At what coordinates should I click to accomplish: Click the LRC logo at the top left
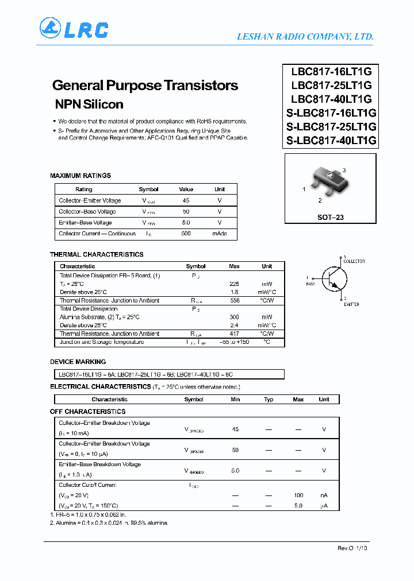pos(74,28)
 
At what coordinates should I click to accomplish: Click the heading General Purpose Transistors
pos(145,86)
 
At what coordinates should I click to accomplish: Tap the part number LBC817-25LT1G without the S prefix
pos(331,85)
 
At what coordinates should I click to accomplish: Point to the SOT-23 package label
pos(330,218)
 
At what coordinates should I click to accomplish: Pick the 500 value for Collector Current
pos(186,234)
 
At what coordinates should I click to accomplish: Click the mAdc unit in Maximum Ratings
pos(219,234)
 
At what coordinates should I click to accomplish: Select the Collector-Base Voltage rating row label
pos(87,211)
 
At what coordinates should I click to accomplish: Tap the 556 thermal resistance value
pos(234,300)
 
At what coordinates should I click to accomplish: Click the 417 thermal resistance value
pos(234,334)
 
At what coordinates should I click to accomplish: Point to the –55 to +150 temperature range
pos(234,342)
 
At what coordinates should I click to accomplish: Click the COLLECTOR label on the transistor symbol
pos(354,261)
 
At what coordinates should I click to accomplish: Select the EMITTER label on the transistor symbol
pos(351,304)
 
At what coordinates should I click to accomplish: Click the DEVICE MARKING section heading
pos(78,362)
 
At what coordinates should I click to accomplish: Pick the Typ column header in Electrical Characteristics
pos(269,400)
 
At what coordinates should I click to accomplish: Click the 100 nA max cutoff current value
pos(298,495)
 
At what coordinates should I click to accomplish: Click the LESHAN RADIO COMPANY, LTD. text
pos(305,37)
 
